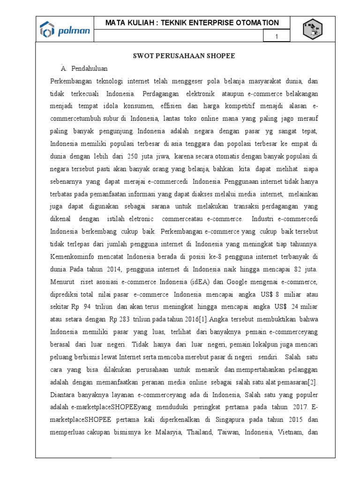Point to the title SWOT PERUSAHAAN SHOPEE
click(182, 56)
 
